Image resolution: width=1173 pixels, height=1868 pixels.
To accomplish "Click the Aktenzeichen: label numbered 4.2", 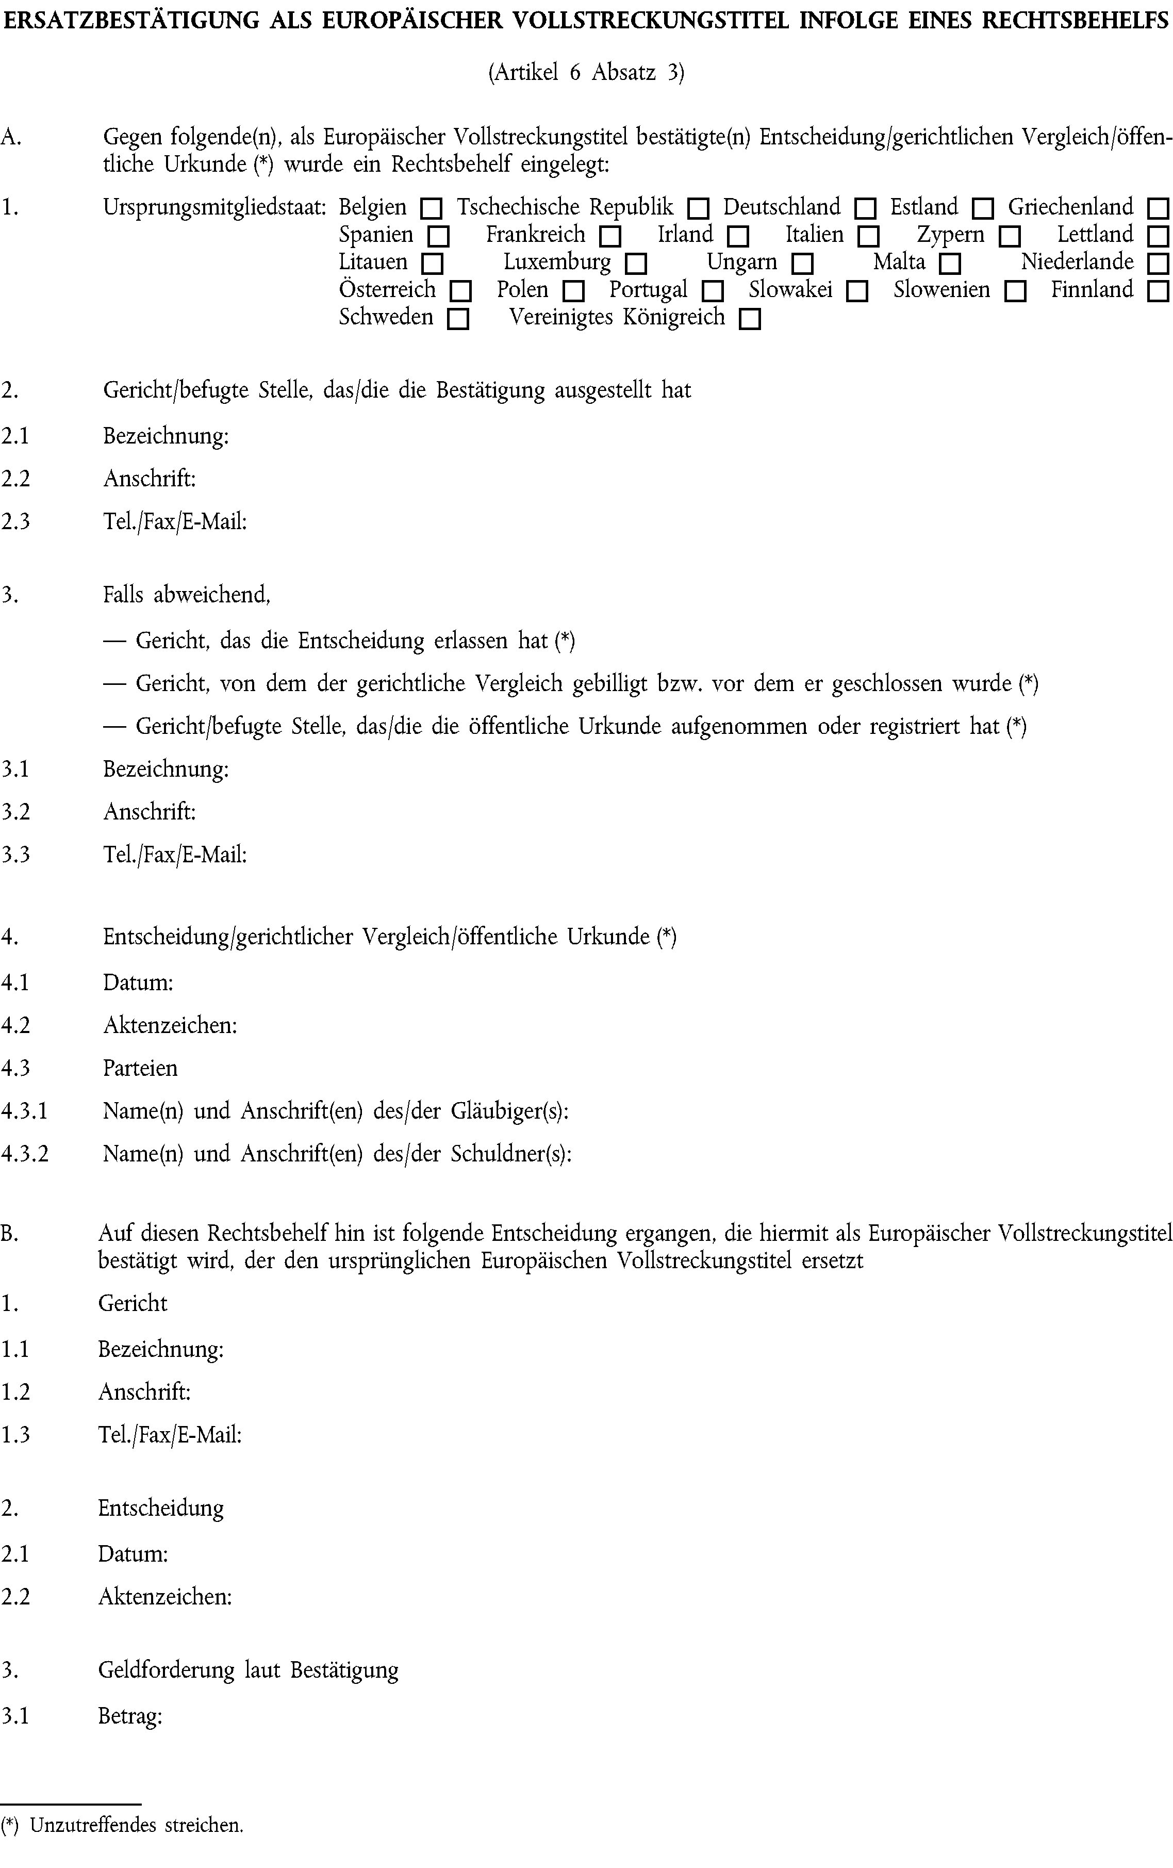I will (x=170, y=1025).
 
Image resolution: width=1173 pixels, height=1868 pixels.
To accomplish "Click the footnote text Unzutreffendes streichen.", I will (x=137, y=1847).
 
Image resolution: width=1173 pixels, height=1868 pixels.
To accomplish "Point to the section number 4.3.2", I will (x=25, y=1154).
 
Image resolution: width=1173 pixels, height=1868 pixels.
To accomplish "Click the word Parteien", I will (x=140, y=1068).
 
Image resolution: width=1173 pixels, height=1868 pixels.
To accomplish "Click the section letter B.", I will (x=9, y=1234).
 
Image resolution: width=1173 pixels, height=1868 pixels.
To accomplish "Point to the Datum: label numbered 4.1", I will (x=138, y=983).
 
